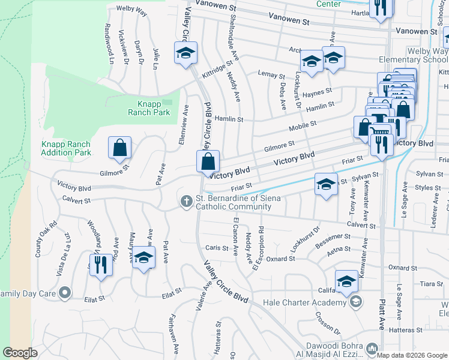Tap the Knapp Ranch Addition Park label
(x=66, y=148)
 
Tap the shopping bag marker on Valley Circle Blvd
(x=208, y=162)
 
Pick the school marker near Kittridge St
(x=186, y=53)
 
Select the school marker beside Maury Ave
(x=143, y=258)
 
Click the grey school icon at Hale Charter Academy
(x=356, y=302)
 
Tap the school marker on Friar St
(x=326, y=185)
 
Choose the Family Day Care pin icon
(x=65, y=293)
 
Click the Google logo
(x=20, y=353)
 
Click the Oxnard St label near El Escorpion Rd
(x=281, y=259)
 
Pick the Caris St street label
(x=213, y=247)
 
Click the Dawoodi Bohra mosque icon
(x=373, y=348)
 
